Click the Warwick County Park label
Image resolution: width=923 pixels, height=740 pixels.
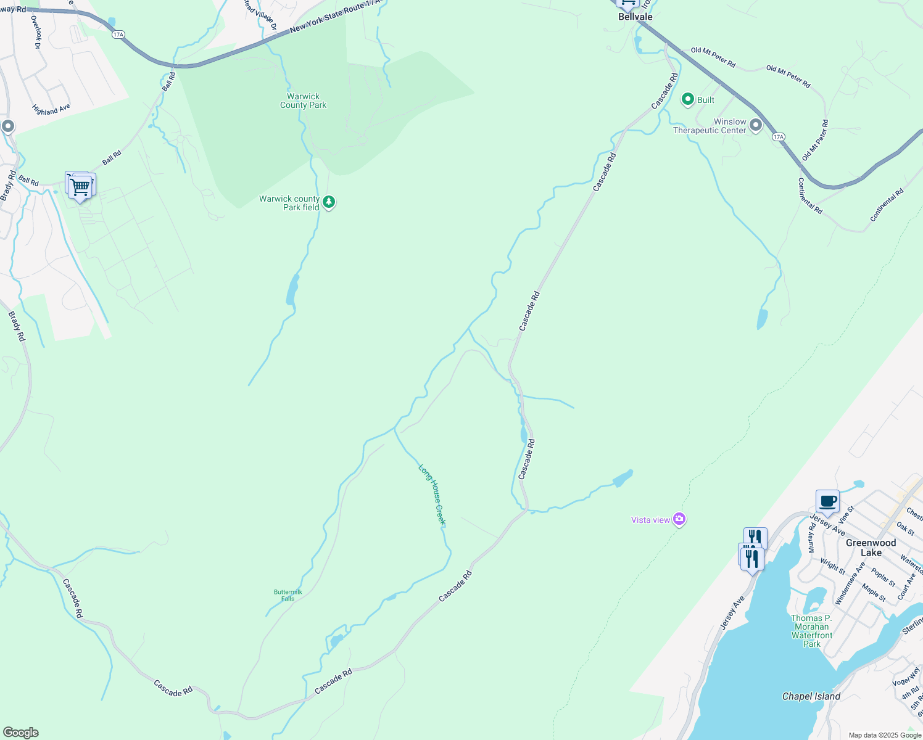[x=303, y=101]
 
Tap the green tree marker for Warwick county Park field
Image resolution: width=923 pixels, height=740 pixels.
[x=329, y=202]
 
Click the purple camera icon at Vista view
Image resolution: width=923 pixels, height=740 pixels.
[x=679, y=519]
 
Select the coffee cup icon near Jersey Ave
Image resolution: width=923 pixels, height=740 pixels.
[x=827, y=501]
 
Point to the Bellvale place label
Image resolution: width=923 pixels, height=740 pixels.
[x=635, y=17]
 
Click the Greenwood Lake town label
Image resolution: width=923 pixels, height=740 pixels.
[x=871, y=548]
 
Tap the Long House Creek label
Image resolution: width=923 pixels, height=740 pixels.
[x=432, y=495]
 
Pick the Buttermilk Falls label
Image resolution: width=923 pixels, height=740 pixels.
[x=288, y=595]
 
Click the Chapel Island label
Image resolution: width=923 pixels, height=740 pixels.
[x=811, y=696]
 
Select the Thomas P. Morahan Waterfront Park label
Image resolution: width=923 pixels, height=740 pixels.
[x=811, y=631]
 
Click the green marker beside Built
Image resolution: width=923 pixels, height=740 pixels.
[x=688, y=99]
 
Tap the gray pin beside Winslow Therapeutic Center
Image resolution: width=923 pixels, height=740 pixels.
[x=756, y=126]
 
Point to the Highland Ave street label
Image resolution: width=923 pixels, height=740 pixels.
[x=51, y=110]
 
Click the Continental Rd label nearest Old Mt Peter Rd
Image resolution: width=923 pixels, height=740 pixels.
[x=809, y=196]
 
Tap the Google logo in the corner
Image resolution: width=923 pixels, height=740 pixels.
[x=20, y=733]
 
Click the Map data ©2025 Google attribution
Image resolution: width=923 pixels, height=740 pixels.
[x=884, y=735]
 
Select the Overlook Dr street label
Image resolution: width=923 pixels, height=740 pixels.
[x=35, y=32]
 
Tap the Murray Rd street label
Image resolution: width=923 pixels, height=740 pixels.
[x=812, y=538]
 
